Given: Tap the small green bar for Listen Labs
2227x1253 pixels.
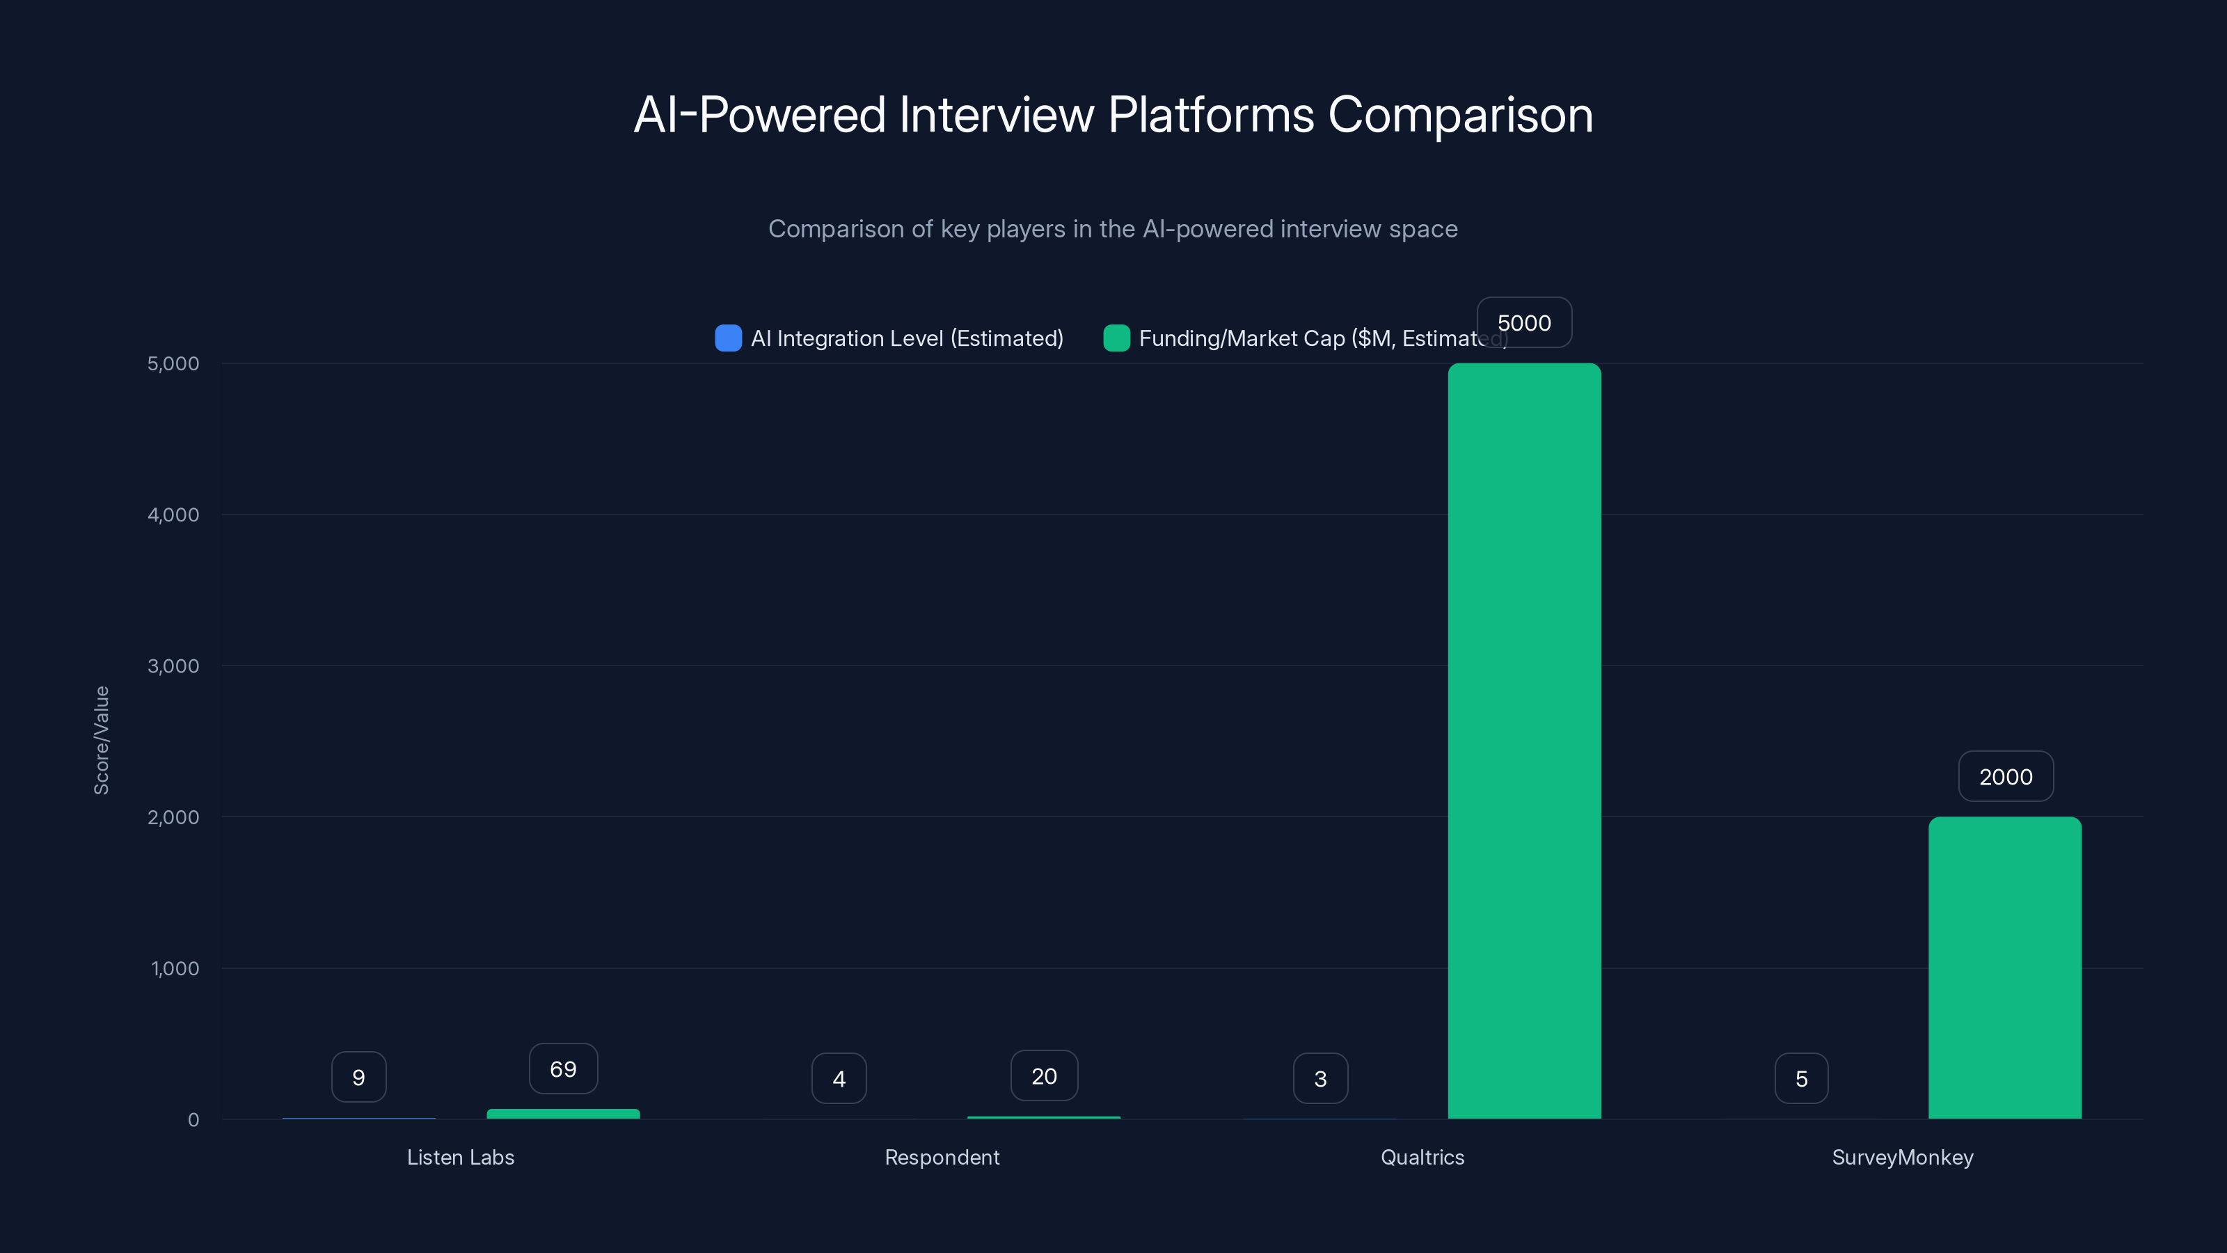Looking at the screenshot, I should pos(563,1114).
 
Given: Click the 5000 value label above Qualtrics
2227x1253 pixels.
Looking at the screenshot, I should pos(1524,322).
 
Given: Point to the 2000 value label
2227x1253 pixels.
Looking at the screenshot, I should pos(2005,777).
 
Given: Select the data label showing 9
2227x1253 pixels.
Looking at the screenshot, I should pos(359,1078).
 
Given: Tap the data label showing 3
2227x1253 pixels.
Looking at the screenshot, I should pos(1320,1078).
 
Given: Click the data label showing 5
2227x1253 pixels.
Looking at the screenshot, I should pos(1801,1078).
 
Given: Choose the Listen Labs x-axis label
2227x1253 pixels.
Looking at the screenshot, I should pos(461,1157).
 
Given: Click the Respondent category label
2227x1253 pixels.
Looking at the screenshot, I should pos(942,1157).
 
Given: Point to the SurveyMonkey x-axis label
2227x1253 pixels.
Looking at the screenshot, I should pos(1902,1157).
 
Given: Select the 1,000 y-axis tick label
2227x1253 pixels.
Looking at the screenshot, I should pos(175,968).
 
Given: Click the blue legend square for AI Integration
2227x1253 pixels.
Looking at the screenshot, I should pos(728,338).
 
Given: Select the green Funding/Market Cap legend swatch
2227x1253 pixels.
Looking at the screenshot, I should pos(1116,338).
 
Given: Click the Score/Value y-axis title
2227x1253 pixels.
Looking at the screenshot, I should pos(101,740).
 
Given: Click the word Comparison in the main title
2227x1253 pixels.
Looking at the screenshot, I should pos(1459,114).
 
